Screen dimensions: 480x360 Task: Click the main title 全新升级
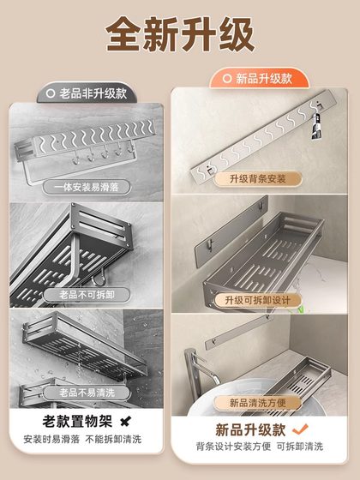pos(180,36)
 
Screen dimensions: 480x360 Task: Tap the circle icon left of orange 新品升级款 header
pos(229,79)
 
